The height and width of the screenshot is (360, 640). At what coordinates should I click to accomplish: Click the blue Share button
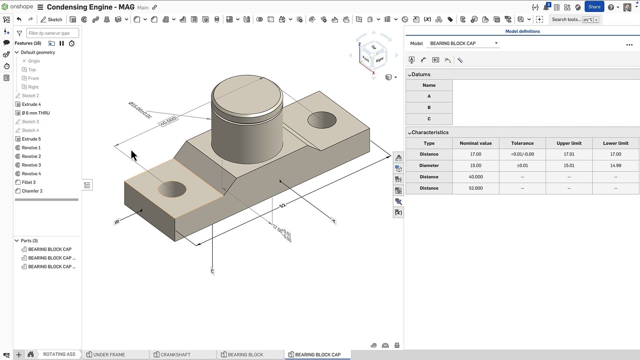tap(594, 7)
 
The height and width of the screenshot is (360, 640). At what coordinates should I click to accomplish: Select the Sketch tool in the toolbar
tap(51, 19)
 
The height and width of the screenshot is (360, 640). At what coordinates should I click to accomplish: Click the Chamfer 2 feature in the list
tap(32, 191)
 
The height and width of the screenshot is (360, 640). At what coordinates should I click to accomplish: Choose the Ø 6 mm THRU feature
tap(36, 113)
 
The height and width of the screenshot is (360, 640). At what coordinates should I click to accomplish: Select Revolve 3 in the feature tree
tap(31, 165)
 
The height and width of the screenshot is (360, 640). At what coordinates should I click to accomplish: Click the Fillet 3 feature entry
tap(28, 182)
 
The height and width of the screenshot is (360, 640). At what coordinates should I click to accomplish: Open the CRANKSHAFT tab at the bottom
tap(175, 354)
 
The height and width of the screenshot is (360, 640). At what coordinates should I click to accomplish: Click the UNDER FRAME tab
tap(109, 354)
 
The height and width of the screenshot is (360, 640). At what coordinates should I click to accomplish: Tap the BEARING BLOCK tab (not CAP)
tap(245, 354)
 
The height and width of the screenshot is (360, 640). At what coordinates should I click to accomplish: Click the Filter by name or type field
tap(52, 33)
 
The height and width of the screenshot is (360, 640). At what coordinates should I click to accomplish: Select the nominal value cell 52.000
tap(476, 188)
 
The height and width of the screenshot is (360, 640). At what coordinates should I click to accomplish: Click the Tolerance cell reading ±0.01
tap(522, 165)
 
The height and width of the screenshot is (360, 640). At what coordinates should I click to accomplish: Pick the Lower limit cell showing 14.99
tap(616, 165)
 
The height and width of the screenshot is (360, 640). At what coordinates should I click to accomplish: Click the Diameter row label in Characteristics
tap(429, 165)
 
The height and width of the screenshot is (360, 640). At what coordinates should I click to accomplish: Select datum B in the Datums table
tap(429, 107)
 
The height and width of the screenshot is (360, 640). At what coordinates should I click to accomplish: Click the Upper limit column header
tap(569, 143)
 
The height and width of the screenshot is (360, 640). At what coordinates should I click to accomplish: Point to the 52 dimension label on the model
tap(282, 205)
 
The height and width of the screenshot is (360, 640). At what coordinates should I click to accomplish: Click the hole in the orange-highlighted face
tap(172, 189)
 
